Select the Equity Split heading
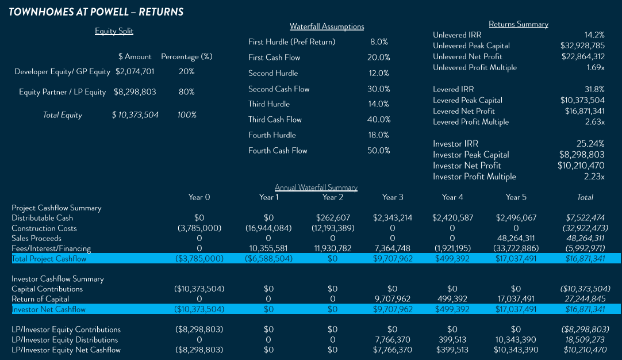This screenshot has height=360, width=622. [114, 31]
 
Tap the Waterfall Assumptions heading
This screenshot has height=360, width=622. [327, 26]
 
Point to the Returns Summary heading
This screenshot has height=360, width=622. [518, 24]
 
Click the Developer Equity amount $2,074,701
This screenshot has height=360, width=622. [136, 72]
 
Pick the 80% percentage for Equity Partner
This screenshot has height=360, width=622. [186, 92]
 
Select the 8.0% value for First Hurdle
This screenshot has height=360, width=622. [379, 42]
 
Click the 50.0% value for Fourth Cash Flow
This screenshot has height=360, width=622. [378, 151]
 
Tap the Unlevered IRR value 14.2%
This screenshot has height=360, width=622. [594, 35]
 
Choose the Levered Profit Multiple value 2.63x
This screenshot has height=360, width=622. [593, 122]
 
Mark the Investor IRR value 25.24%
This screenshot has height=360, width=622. [590, 144]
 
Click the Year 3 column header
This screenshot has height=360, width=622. [393, 197]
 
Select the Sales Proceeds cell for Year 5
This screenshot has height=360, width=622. [516, 239]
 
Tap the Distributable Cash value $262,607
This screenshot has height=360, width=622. [333, 218]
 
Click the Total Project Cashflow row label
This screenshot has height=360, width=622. [49, 259]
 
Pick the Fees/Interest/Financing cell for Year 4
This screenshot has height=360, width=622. [452, 249]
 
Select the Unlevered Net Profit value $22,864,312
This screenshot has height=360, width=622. [582, 56]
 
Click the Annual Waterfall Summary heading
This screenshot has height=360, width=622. [316, 187]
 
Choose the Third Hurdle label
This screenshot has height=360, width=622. [269, 104]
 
